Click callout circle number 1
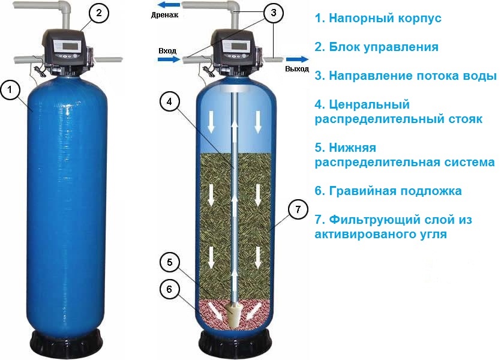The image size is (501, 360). [10, 90]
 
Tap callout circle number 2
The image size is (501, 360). [99, 13]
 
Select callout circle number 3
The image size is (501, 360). [273, 13]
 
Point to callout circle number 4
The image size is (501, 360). [169, 101]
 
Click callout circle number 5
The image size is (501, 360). [169, 262]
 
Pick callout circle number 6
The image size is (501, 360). [169, 289]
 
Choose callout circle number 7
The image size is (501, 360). [298, 209]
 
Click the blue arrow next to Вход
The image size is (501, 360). [169, 59]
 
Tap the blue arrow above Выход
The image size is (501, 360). [297, 59]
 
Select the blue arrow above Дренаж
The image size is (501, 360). [169, 5]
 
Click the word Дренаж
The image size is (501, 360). [165, 14]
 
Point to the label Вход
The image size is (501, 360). [167, 51]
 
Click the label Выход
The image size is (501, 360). [297, 68]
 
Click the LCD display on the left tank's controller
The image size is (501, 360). [70, 45]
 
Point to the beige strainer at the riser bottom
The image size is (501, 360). [235, 315]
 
